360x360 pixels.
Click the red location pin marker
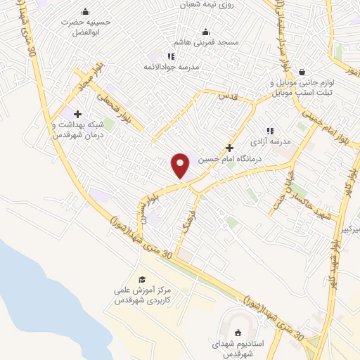click(x=181, y=165)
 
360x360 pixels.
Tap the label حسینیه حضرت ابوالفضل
click(x=86, y=27)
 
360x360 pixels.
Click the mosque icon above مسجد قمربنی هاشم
click(x=206, y=32)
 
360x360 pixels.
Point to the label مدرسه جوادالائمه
click(x=171, y=67)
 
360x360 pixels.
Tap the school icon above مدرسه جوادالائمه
click(x=171, y=56)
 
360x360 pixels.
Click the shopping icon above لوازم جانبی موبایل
click(x=302, y=72)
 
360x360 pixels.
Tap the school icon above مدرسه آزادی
click(x=270, y=131)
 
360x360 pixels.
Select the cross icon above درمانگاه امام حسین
click(x=229, y=148)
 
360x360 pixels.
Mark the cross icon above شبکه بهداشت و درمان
click(x=77, y=114)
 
